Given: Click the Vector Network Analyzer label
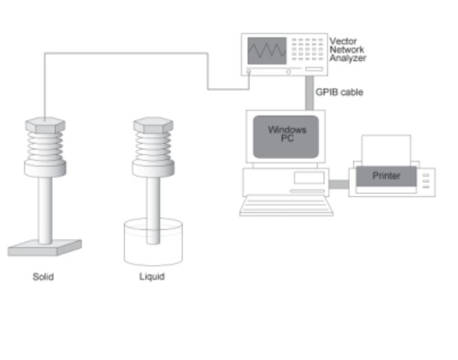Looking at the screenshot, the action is click(x=348, y=50).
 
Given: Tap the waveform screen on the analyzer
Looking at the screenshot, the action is click(x=267, y=51).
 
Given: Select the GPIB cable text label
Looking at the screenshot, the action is click(x=340, y=92).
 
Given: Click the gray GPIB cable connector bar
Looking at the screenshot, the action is click(x=310, y=93).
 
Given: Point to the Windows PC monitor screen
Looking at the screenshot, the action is click(x=286, y=137).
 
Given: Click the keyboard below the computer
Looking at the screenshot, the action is click(x=287, y=206).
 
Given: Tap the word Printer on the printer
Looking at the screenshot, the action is click(x=386, y=176).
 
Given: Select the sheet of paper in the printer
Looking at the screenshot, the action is click(x=386, y=150).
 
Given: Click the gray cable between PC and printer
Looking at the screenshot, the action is click(x=339, y=184).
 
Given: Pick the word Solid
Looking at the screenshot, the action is click(x=43, y=277).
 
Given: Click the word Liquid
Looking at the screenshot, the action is click(x=152, y=277).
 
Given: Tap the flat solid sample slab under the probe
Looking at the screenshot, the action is click(x=45, y=248).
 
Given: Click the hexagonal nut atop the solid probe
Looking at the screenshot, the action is click(x=45, y=125).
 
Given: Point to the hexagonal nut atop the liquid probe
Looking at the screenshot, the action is click(x=154, y=125).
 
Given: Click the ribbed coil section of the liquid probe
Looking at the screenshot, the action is click(x=154, y=146).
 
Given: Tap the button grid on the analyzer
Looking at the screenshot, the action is click(x=307, y=49).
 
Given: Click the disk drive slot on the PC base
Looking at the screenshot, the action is click(x=309, y=178).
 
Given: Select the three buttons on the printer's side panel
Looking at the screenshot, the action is click(x=426, y=181).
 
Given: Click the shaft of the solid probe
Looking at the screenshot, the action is click(x=45, y=210).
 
